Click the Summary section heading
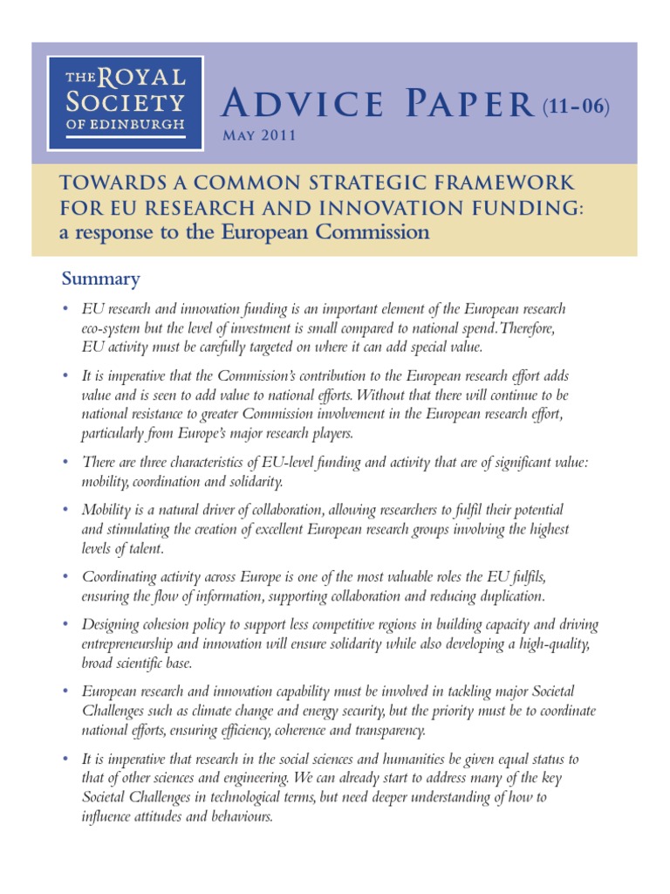[100, 279]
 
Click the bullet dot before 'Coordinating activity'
[65, 578]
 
